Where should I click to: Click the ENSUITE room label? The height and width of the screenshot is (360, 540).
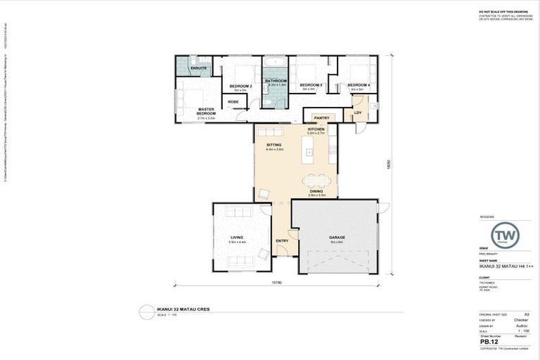click(x=188, y=69)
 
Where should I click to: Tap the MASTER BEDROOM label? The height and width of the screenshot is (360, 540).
click(x=206, y=111)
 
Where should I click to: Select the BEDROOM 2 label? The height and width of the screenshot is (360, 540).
click(x=240, y=86)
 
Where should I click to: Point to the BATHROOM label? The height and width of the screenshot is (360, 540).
click(x=276, y=81)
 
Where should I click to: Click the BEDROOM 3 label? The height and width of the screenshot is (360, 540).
click(x=311, y=85)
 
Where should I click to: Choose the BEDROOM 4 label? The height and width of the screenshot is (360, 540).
click(x=358, y=85)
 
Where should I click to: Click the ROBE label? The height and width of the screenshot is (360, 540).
click(x=233, y=102)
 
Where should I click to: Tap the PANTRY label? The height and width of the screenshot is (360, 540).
click(x=322, y=117)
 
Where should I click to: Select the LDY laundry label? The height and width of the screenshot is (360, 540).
click(x=358, y=112)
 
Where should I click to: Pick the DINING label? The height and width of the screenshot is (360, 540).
click(x=316, y=191)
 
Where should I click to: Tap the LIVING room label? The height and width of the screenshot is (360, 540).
click(x=236, y=238)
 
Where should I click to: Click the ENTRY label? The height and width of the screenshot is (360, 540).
click(x=282, y=241)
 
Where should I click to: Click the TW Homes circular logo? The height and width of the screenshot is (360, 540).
click(x=504, y=234)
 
